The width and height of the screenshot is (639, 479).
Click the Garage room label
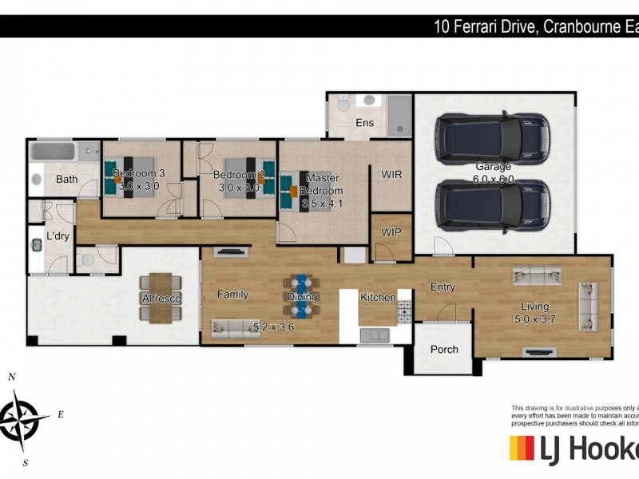point(494,167)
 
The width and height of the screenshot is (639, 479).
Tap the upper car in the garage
point(494,140)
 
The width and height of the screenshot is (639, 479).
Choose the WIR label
point(391,173)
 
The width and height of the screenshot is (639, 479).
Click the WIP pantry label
point(391,232)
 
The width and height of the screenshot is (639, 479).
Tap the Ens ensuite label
point(364,123)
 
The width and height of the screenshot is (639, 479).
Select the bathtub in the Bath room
point(53,152)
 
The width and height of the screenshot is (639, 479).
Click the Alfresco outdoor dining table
point(161,298)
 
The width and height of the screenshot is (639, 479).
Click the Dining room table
point(302,297)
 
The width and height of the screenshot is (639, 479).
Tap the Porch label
point(444,349)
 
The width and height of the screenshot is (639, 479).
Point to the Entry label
point(443,287)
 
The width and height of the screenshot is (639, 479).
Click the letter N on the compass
point(11,377)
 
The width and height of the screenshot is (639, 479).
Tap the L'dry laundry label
point(58,236)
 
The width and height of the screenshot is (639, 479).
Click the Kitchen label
point(378,298)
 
